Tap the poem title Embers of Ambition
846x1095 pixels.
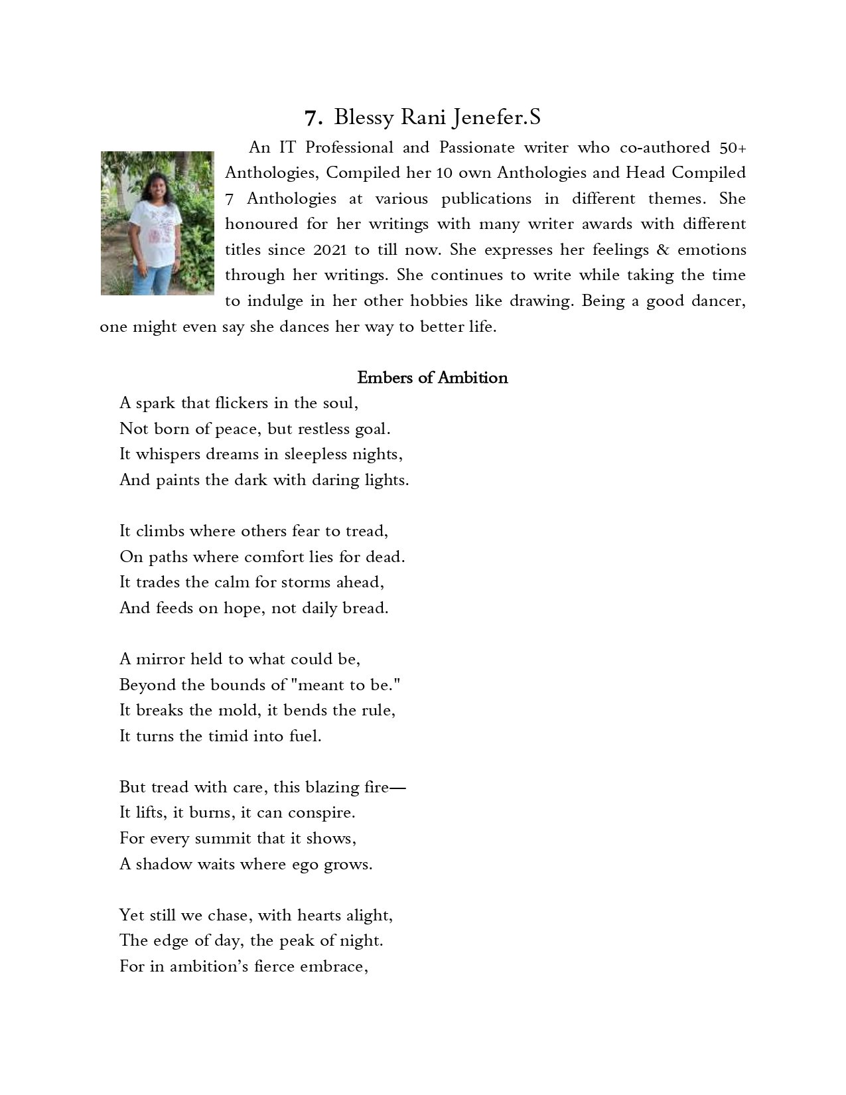(432, 378)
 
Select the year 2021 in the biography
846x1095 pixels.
(325, 250)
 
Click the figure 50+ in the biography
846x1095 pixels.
(733, 147)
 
